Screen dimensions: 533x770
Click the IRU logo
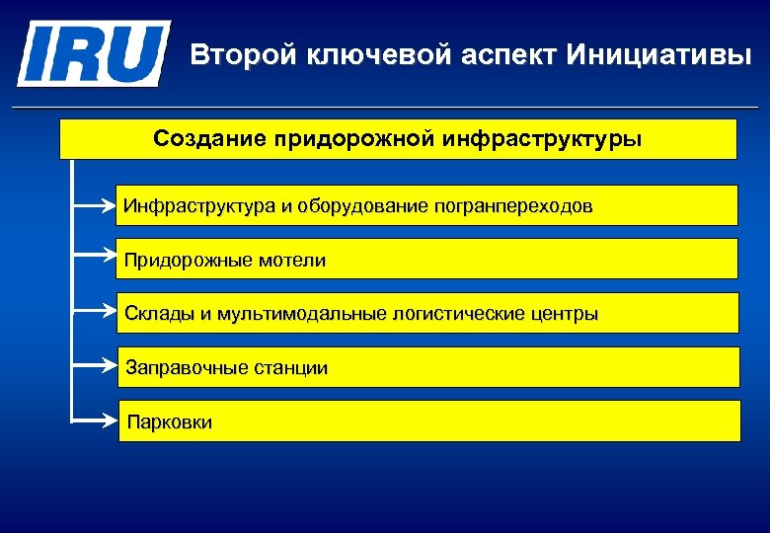pos(93,53)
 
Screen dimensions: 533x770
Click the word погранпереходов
pos(513,207)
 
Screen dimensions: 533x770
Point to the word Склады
pos(155,314)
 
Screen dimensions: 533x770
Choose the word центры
pos(563,314)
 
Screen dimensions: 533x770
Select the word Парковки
pos(169,422)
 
